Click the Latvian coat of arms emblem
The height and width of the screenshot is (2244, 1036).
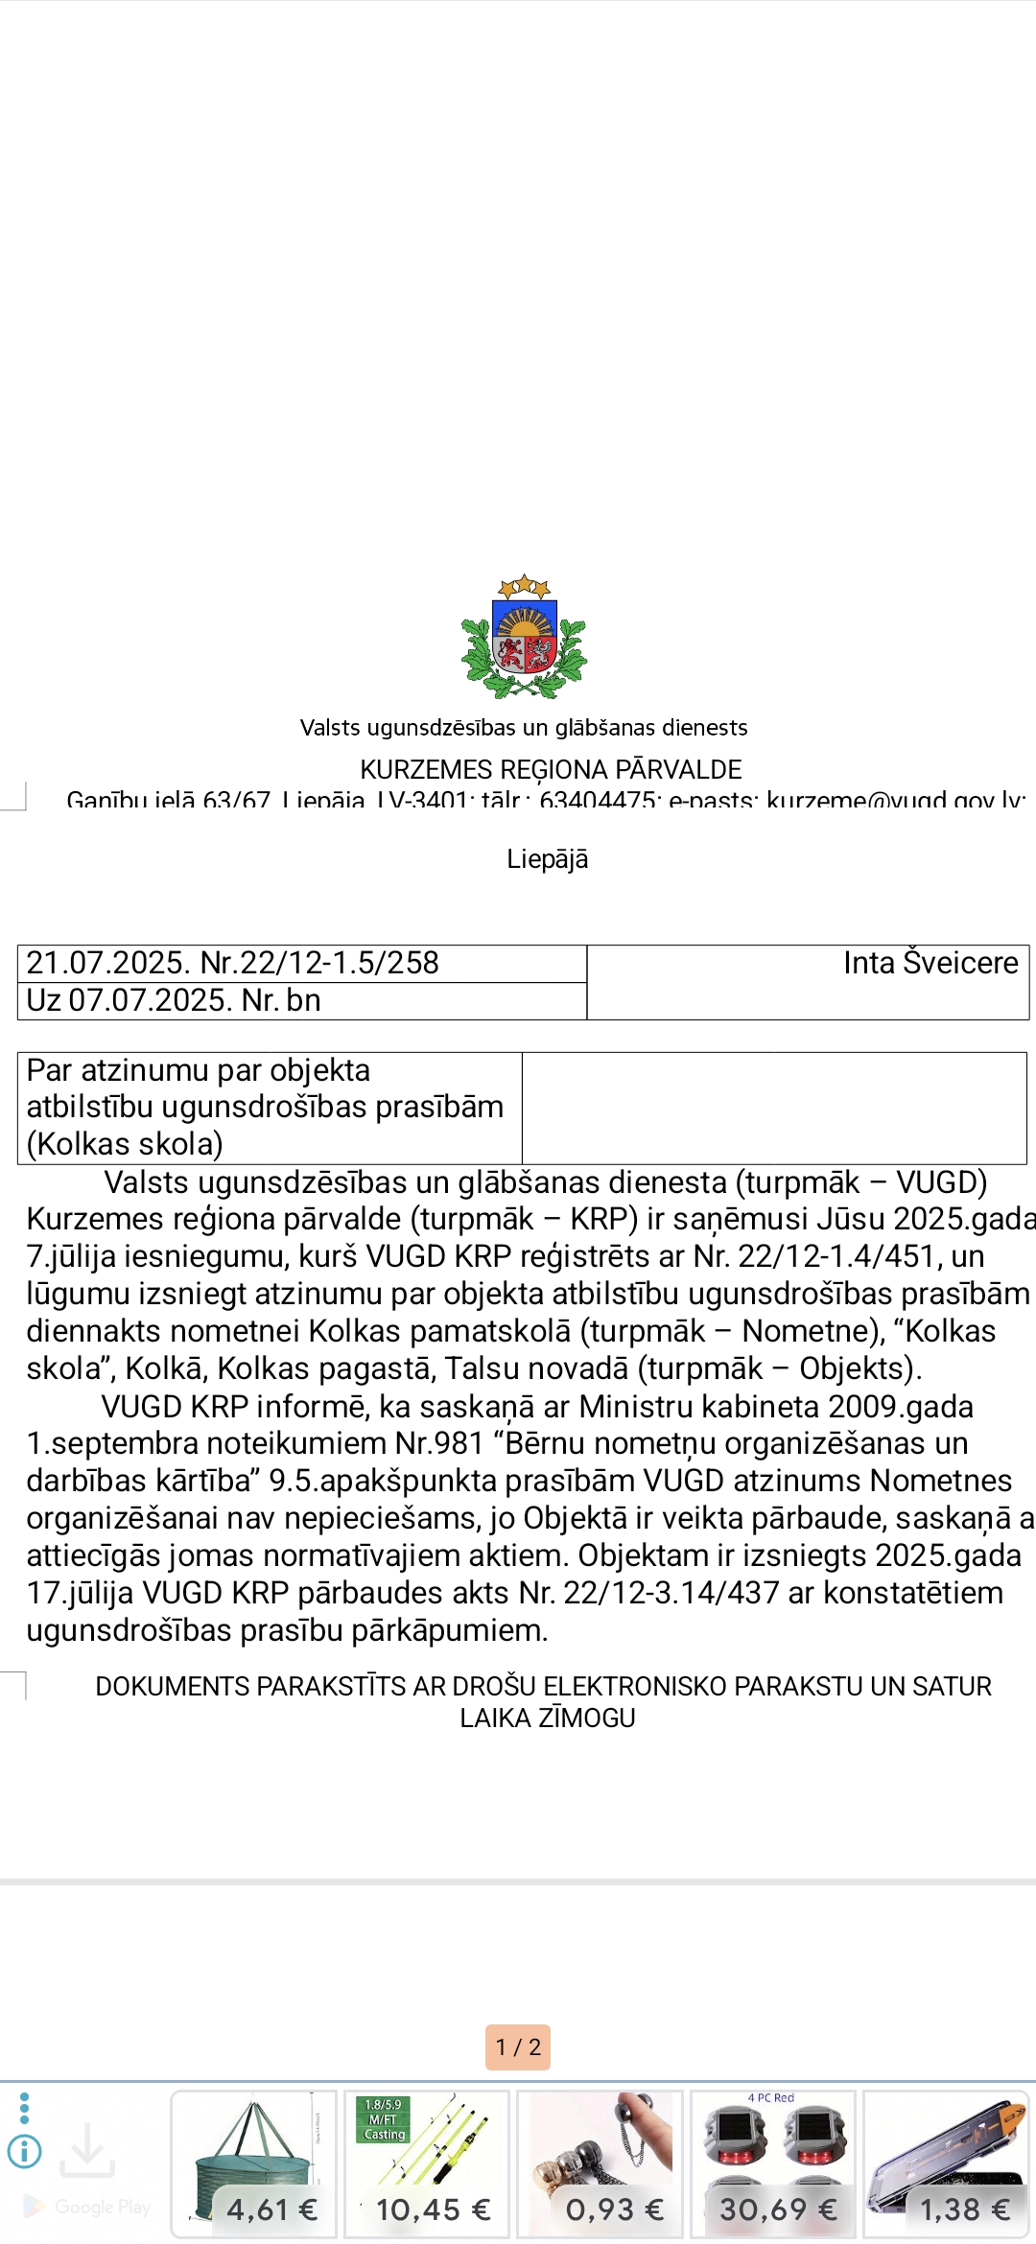click(x=524, y=638)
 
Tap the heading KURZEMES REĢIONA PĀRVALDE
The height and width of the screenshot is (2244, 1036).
click(x=551, y=769)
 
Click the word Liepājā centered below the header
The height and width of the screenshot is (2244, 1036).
click(x=547, y=858)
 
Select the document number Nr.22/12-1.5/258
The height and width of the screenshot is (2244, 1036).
click(x=319, y=963)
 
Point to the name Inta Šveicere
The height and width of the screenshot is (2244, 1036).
click(x=930, y=963)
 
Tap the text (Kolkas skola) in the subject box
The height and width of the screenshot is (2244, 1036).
click(x=125, y=1144)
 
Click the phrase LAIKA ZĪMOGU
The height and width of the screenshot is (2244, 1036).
click(x=547, y=1718)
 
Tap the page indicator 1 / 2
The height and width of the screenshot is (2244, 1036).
click(x=518, y=2047)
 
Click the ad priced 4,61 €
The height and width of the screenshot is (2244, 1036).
click(x=254, y=2163)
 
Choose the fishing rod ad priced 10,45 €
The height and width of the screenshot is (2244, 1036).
click(x=427, y=2163)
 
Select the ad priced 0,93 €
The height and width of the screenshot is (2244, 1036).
click(x=600, y=2163)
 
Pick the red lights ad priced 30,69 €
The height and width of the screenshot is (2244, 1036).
click(x=773, y=2163)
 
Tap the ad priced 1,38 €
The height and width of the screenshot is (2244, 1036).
click(x=946, y=2163)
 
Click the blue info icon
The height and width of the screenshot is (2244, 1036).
click(x=25, y=2152)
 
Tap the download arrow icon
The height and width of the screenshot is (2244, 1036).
click(x=87, y=2150)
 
